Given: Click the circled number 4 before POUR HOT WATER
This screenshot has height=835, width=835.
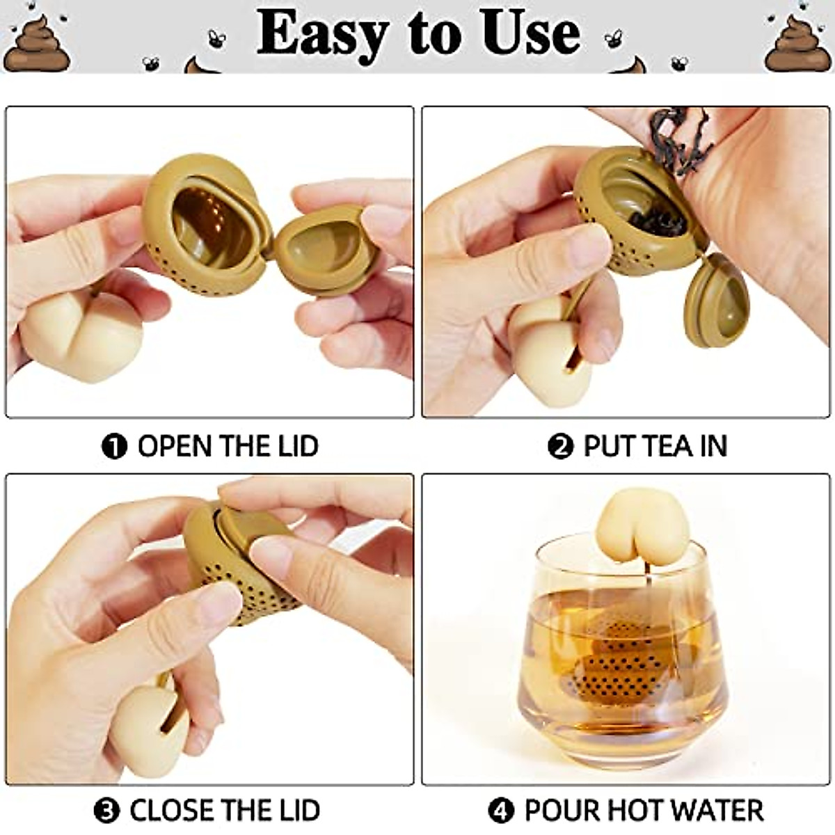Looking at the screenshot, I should pyautogui.click(x=500, y=811).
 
